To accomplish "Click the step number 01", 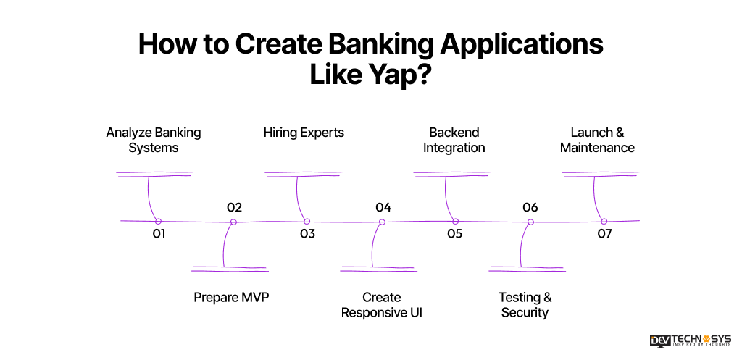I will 159,234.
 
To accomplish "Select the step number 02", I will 234,208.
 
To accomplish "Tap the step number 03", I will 307,234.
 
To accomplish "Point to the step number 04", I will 383,208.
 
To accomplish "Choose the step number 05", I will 454,234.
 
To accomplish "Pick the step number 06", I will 530,208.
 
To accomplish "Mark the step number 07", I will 604,234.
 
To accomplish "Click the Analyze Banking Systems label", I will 154,140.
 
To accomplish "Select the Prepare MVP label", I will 231,297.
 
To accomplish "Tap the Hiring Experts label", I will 304,133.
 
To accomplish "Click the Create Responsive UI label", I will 381,305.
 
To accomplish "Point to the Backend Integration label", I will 454,140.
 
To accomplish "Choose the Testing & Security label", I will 525,305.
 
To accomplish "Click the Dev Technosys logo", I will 691,341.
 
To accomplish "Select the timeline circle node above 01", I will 158,222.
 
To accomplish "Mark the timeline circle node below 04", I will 382,222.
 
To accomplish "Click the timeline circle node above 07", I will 603,222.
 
